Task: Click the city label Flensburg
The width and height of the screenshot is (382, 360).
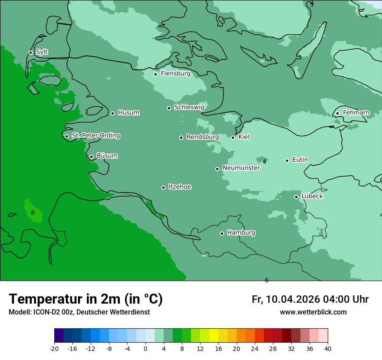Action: coord(175,74)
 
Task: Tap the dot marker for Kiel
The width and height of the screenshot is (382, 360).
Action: coord(233,137)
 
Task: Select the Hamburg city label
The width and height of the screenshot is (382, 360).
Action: coord(241,233)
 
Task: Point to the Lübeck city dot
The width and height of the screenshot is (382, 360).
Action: coord(296,197)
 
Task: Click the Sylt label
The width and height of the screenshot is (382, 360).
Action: coord(42,52)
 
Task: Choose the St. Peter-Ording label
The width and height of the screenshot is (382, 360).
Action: coord(95,136)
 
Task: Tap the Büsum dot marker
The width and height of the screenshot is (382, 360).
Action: coord(92,157)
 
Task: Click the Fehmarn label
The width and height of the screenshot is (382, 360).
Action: coord(356,113)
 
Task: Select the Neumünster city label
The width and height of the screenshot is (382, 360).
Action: coord(241,168)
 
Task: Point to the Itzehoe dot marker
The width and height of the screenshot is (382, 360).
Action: coord(164,187)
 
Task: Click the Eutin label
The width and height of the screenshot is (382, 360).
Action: coord(300,160)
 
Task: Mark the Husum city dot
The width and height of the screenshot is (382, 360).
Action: coord(113,113)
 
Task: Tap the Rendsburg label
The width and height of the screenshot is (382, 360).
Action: coord(202,137)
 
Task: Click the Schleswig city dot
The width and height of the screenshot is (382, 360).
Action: coord(169,108)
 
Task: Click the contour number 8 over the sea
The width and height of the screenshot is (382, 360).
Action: coord(33,213)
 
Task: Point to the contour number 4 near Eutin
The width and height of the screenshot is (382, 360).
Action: coord(264,162)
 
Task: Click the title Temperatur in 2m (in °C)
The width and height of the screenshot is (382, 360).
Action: coord(86,299)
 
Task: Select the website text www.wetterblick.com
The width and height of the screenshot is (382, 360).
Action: coord(313,312)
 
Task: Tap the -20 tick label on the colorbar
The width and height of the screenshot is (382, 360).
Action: coord(54,349)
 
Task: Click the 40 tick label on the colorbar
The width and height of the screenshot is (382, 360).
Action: coord(328,349)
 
